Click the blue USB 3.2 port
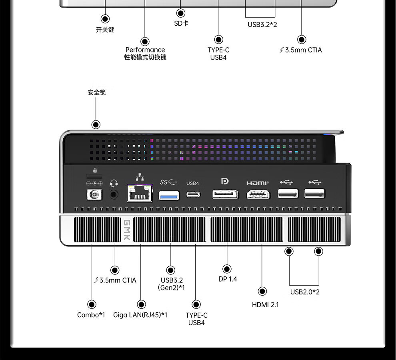pyautogui.click(x=169, y=196)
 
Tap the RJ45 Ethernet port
pyautogui.click(x=140, y=193)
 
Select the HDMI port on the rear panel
pyautogui.click(x=258, y=194)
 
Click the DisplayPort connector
pyautogui.click(x=225, y=194)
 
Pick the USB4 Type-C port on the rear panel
pyautogui.click(x=193, y=194)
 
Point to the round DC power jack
pyautogui.click(x=94, y=194)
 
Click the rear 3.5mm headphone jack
pyautogui.click(x=114, y=194)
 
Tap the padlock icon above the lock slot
pyautogui.click(x=95, y=170)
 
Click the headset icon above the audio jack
pyautogui.click(x=114, y=183)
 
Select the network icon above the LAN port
pyautogui.click(x=140, y=177)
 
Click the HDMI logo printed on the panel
pyautogui.click(x=258, y=183)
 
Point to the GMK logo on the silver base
pyautogui.click(x=127, y=230)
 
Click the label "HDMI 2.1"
pyautogui.click(x=265, y=305)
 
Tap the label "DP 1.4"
pyautogui.click(x=228, y=279)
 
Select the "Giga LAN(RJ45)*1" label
pyautogui.click(x=140, y=315)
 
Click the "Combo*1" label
pyautogui.click(x=91, y=315)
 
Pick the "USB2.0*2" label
pyautogui.click(x=305, y=292)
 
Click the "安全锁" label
pyautogui.click(x=97, y=92)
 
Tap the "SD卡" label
pyautogui.click(x=181, y=24)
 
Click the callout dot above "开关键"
pyautogui.click(x=105, y=19)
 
